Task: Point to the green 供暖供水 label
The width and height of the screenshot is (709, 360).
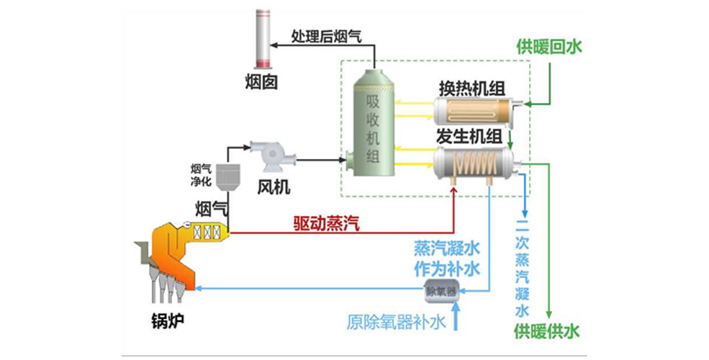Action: [546, 332]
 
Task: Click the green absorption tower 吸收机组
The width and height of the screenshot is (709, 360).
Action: [372, 130]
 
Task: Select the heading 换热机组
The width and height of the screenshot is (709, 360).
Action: [471, 87]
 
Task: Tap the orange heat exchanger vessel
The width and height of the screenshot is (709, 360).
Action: [471, 112]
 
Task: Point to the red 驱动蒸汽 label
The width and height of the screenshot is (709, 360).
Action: [325, 224]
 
